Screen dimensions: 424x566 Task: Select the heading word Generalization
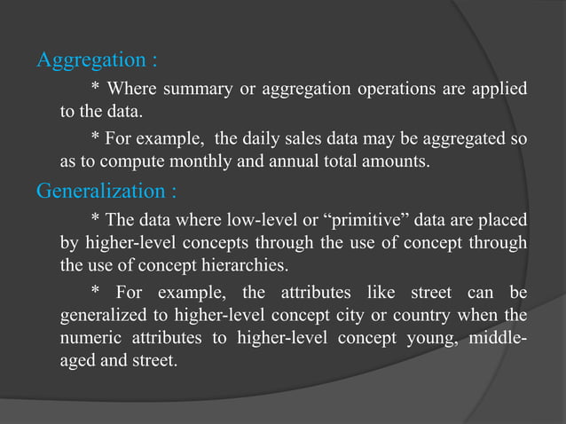click(x=99, y=191)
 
